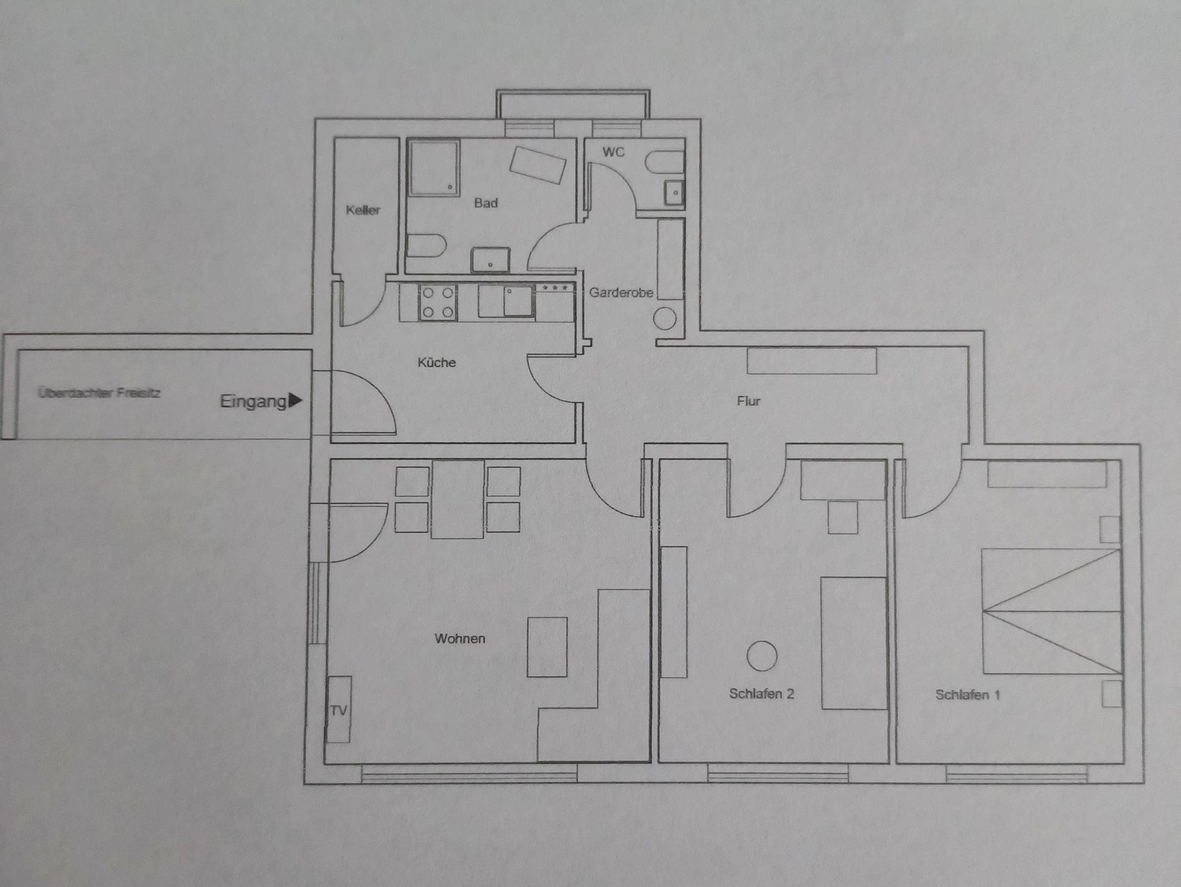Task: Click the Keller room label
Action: (x=363, y=210)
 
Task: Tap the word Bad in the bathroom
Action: (x=486, y=203)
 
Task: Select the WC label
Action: (x=613, y=152)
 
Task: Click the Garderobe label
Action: (x=620, y=292)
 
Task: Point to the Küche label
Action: (x=437, y=362)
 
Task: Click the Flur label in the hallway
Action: (x=749, y=401)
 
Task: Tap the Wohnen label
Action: (x=460, y=638)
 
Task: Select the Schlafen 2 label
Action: (x=761, y=694)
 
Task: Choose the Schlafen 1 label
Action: (x=967, y=695)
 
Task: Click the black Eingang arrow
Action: (x=295, y=400)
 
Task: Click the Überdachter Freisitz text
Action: (x=99, y=393)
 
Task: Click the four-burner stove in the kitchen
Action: (x=437, y=303)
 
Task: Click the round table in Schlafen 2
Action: (x=762, y=656)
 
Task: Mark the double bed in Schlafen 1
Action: (x=1052, y=611)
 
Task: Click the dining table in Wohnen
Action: (x=457, y=499)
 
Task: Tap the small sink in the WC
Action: (x=674, y=193)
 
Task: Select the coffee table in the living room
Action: (x=547, y=647)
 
